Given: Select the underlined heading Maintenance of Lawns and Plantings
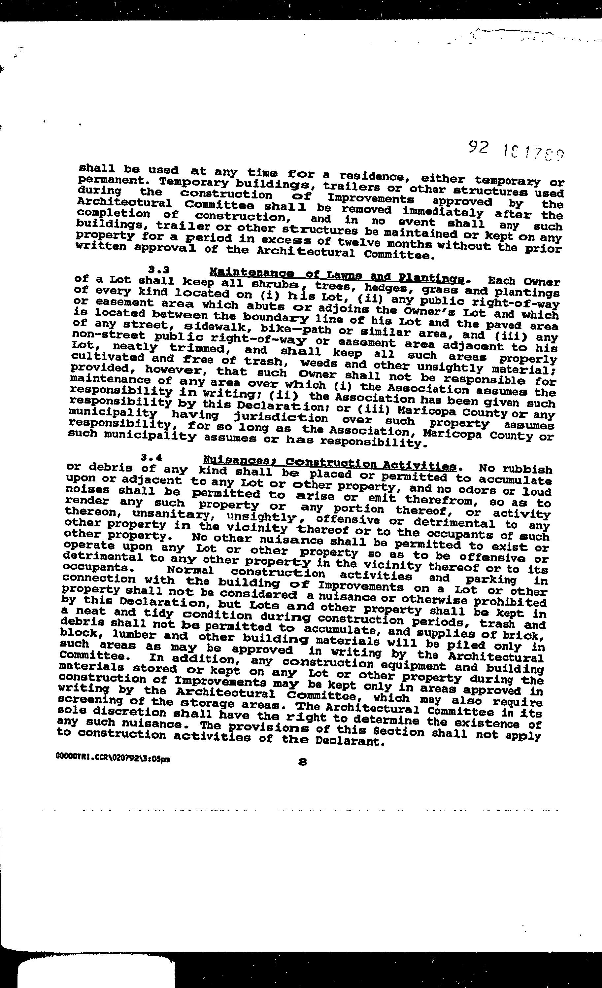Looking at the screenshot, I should click(x=337, y=275).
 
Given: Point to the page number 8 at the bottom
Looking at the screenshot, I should click(x=303, y=762).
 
